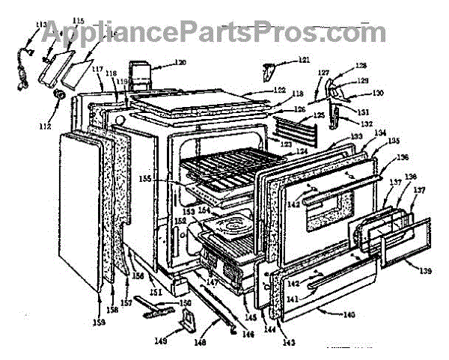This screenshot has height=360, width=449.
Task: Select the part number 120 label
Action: click(180, 62)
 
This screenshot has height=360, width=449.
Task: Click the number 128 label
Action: click(361, 66)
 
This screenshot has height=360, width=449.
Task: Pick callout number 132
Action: click(367, 122)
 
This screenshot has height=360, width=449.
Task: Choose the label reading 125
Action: click(319, 115)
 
